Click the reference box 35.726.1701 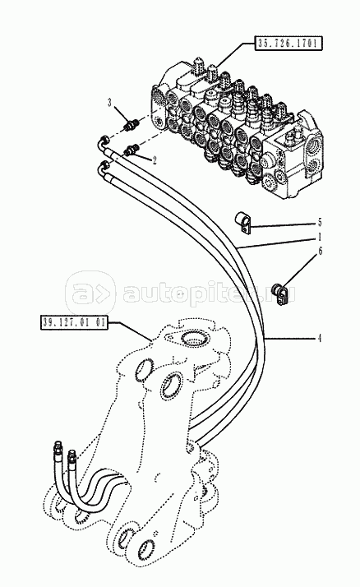coord(288,44)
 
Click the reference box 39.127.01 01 coord(74,322)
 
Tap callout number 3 coord(109,102)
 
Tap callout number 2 coord(154,159)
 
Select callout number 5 coord(319,222)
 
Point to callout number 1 coord(319,238)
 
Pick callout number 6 coord(320,252)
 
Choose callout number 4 coord(319,339)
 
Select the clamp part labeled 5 coord(243,223)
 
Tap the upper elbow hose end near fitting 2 coord(104,142)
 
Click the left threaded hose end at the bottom coord(58,451)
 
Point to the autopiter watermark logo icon coord(90,293)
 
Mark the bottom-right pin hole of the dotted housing coord(146,549)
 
